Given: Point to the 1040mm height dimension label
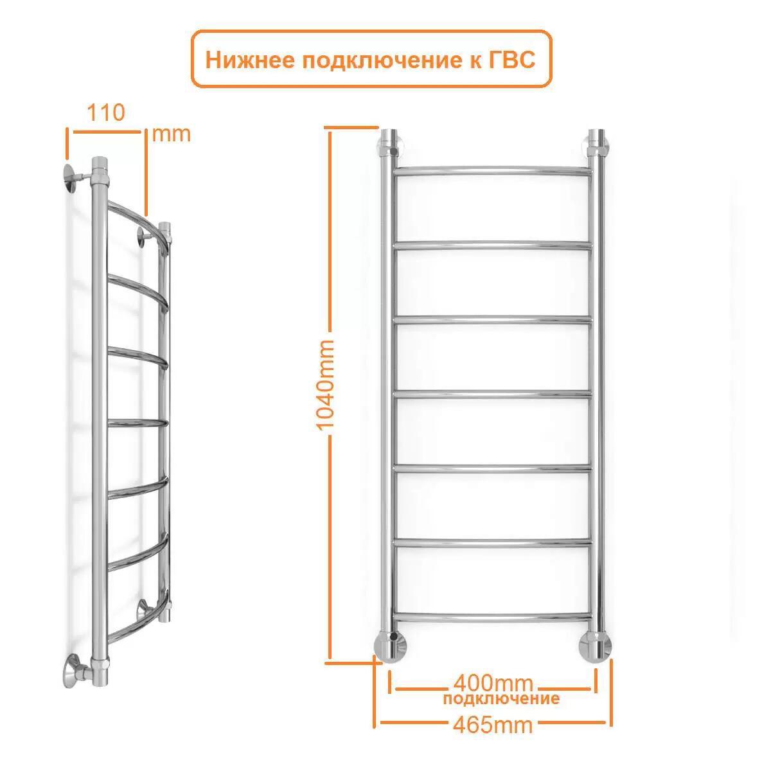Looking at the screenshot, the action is click(324, 384).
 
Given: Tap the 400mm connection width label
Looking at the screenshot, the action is click(493, 684).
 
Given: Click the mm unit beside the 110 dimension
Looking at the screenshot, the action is click(172, 135).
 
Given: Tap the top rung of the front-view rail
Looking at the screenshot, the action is click(493, 171).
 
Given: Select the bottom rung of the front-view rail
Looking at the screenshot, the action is click(493, 617).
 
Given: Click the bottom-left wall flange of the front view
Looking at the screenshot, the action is click(390, 648).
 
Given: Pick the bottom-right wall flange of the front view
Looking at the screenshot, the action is click(596, 648).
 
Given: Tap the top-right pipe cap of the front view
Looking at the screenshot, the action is click(596, 138).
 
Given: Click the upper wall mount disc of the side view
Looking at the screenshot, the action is click(71, 179).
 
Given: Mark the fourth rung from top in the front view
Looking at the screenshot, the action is click(493, 395).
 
